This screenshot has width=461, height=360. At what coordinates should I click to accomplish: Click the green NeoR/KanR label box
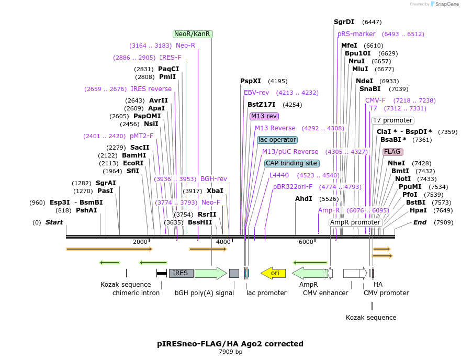pos(193,34)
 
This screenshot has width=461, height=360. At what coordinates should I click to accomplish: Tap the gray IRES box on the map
pos(181,273)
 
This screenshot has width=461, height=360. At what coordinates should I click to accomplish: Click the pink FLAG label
pos(392,152)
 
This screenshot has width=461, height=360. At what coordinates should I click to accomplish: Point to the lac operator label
pos(277,140)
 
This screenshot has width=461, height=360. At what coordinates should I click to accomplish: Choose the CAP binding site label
pos(291,163)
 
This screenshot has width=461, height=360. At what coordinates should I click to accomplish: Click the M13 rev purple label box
pos(264,116)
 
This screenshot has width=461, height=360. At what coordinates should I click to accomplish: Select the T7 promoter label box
pos(392,120)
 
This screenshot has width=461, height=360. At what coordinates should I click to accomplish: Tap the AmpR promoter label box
pos(356,222)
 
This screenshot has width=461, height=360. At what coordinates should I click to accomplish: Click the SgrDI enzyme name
pos(344,22)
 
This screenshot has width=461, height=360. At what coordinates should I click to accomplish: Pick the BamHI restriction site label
pos(134,155)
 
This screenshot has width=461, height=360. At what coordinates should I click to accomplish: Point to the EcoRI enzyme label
pos(133,163)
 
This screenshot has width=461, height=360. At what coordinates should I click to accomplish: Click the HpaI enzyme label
pos(418,210)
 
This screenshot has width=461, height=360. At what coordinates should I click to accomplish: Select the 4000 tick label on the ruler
pos(223,242)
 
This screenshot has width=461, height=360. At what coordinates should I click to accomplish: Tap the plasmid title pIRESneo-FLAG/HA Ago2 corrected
pos(230,344)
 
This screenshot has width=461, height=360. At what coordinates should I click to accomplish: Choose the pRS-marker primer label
pos(356,34)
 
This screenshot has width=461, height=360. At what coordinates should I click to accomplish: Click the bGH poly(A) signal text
pos(204,293)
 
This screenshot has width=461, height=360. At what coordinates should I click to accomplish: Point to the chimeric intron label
pos(136,293)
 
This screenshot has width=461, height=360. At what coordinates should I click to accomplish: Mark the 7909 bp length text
pos(230,352)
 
